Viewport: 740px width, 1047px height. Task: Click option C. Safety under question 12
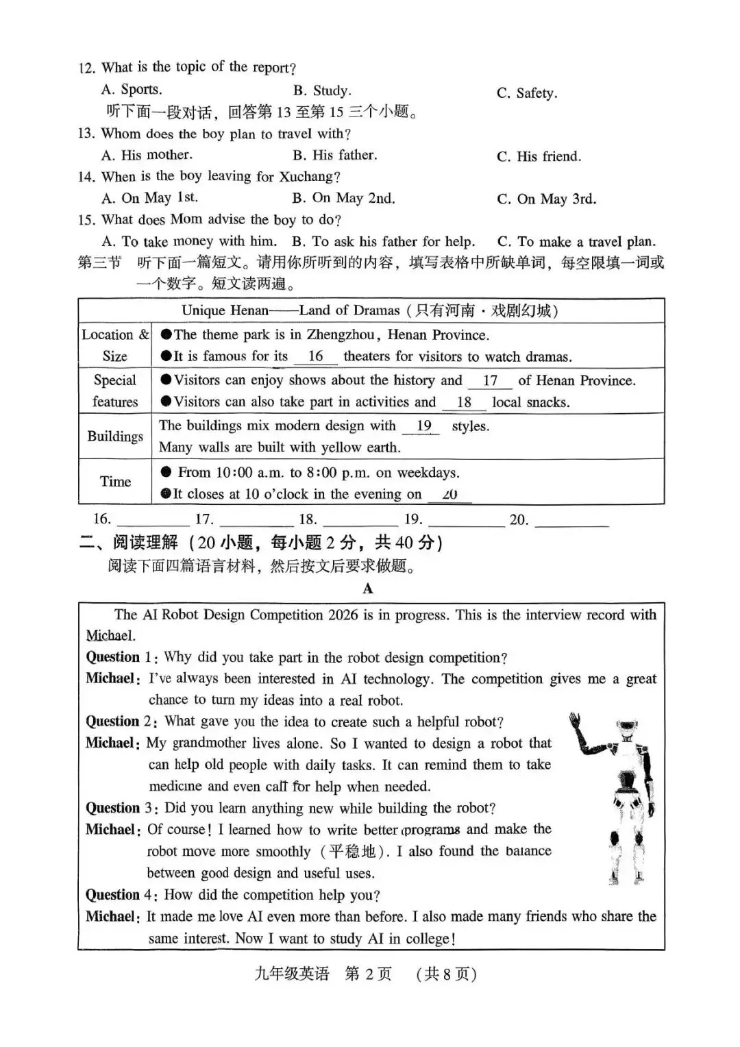coord(527,93)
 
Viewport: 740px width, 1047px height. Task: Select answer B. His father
coord(334,156)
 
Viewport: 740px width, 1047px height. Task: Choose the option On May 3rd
coord(546,199)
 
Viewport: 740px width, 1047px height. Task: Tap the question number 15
coord(86,221)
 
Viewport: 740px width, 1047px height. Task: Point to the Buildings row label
coord(115,436)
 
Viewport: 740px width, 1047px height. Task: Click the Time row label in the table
coord(115,482)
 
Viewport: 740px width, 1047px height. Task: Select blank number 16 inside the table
coord(315,356)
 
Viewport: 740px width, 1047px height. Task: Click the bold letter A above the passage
coord(368,589)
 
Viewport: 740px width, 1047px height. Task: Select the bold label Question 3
coord(118,808)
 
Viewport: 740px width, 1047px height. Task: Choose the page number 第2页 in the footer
coord(368,974)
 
